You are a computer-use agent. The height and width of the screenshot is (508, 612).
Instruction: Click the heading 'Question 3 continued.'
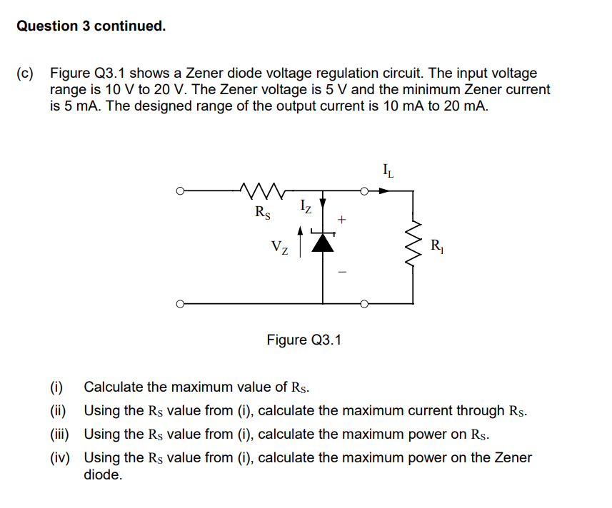coord(91,26)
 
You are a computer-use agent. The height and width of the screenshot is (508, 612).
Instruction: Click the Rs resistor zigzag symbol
coord(264,190)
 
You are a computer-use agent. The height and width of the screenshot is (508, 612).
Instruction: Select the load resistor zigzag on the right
coord(413,247)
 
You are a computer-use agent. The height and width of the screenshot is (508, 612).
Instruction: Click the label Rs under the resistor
coord(263,212)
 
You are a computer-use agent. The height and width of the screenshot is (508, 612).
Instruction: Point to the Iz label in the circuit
coord(304,208)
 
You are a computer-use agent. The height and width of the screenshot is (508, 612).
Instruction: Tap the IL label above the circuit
coord(388,171)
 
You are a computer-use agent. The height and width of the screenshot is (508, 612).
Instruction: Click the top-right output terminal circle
coord(364,191)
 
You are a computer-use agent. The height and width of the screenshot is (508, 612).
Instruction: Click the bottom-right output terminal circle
coord(364,304)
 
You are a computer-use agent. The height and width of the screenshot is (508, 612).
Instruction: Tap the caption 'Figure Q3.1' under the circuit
coord(304,340)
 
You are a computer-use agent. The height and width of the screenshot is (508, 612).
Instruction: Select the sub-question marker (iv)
coord(59,458)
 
